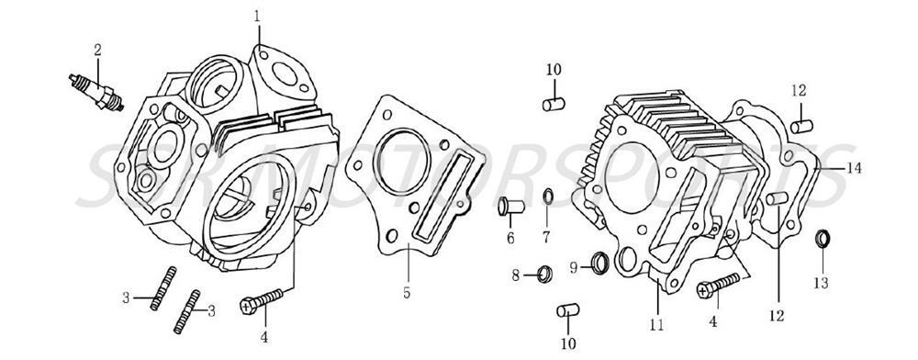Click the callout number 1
coord(257,16)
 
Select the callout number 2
coord(96,49)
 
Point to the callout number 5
coord(405,294)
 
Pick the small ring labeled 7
coord(548,196)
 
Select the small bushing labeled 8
coord(544,273)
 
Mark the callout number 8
coord(516,274)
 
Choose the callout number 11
coord(657,324)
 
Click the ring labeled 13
coord(824,240)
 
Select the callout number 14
coord(856,168)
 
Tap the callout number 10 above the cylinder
coord(554,70)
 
